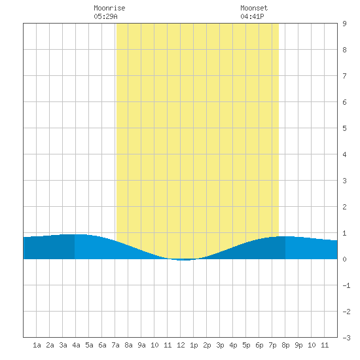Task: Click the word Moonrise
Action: tap(109, 8)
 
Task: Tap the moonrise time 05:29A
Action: tap(105, 16)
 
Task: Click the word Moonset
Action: tap(254, 8)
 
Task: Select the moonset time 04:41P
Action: tap(252, 16)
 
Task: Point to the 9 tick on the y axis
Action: tap(344, 24)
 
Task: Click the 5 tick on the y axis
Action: tap(344, 128)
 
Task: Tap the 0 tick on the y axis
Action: tap(344, 259)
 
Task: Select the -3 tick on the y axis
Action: tap(346, 338)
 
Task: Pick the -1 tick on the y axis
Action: tap(346, 285)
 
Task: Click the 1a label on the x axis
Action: tap(37, 345)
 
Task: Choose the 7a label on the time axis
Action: tap(115, 345)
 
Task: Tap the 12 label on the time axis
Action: tap(181, 345)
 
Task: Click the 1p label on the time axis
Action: tap(194, 345)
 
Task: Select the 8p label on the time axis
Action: tap(285, 345)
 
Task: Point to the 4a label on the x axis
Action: tap(76, 345)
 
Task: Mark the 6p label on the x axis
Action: tap(259, 345)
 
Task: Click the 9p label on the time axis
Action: tap(298, 345)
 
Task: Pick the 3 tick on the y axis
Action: tap(344, 181)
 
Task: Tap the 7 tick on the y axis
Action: tap(344, 76)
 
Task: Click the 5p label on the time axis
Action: tap(246, 345)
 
